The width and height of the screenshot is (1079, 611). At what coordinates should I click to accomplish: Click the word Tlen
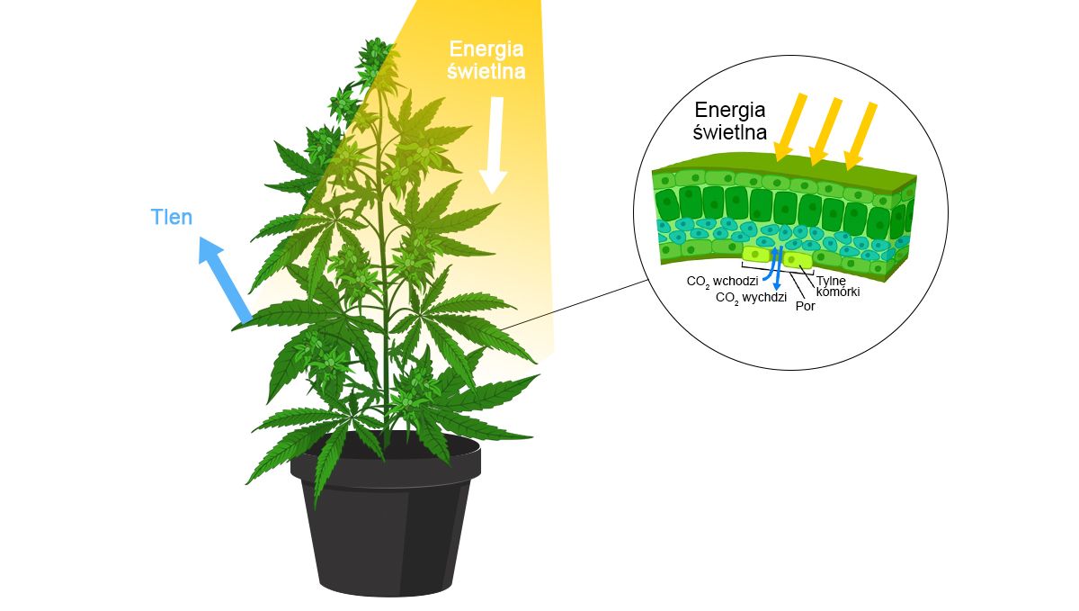tap(171, 217)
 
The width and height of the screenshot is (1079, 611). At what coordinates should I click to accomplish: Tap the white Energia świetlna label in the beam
tap(486, 59)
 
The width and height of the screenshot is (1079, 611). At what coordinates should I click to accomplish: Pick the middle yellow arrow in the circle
tap(825, 131)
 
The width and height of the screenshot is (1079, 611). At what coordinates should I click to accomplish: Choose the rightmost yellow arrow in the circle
tap(861, 136)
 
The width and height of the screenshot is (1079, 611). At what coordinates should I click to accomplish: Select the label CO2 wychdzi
tap(752, 298)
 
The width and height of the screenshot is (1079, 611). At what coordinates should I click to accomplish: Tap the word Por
tap(806, 305)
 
